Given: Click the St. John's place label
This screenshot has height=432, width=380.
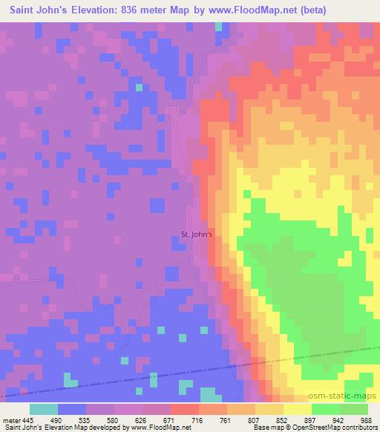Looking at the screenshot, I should (x=197, y=235).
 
